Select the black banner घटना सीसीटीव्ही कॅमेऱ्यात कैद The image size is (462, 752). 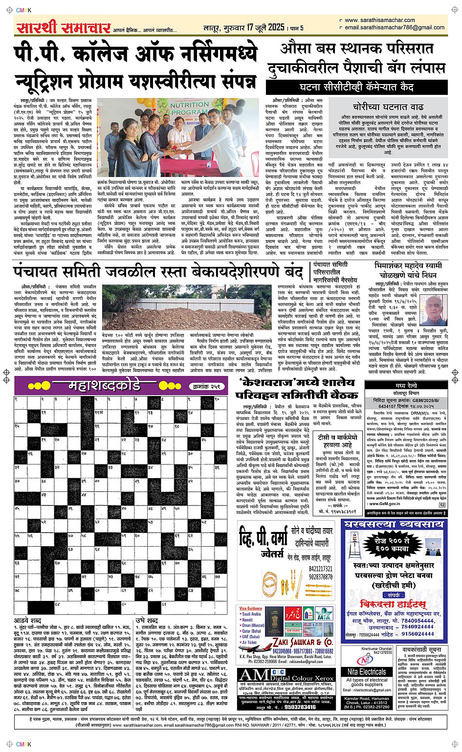click(356, 88)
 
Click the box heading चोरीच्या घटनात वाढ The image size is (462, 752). click(388, 107)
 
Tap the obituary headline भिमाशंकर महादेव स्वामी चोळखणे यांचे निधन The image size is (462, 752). click(407, 269)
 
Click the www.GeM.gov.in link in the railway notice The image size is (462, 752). click(387, 503)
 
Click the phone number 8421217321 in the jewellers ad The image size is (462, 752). click(320, 569)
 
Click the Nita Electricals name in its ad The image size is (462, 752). click(367, 672)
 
